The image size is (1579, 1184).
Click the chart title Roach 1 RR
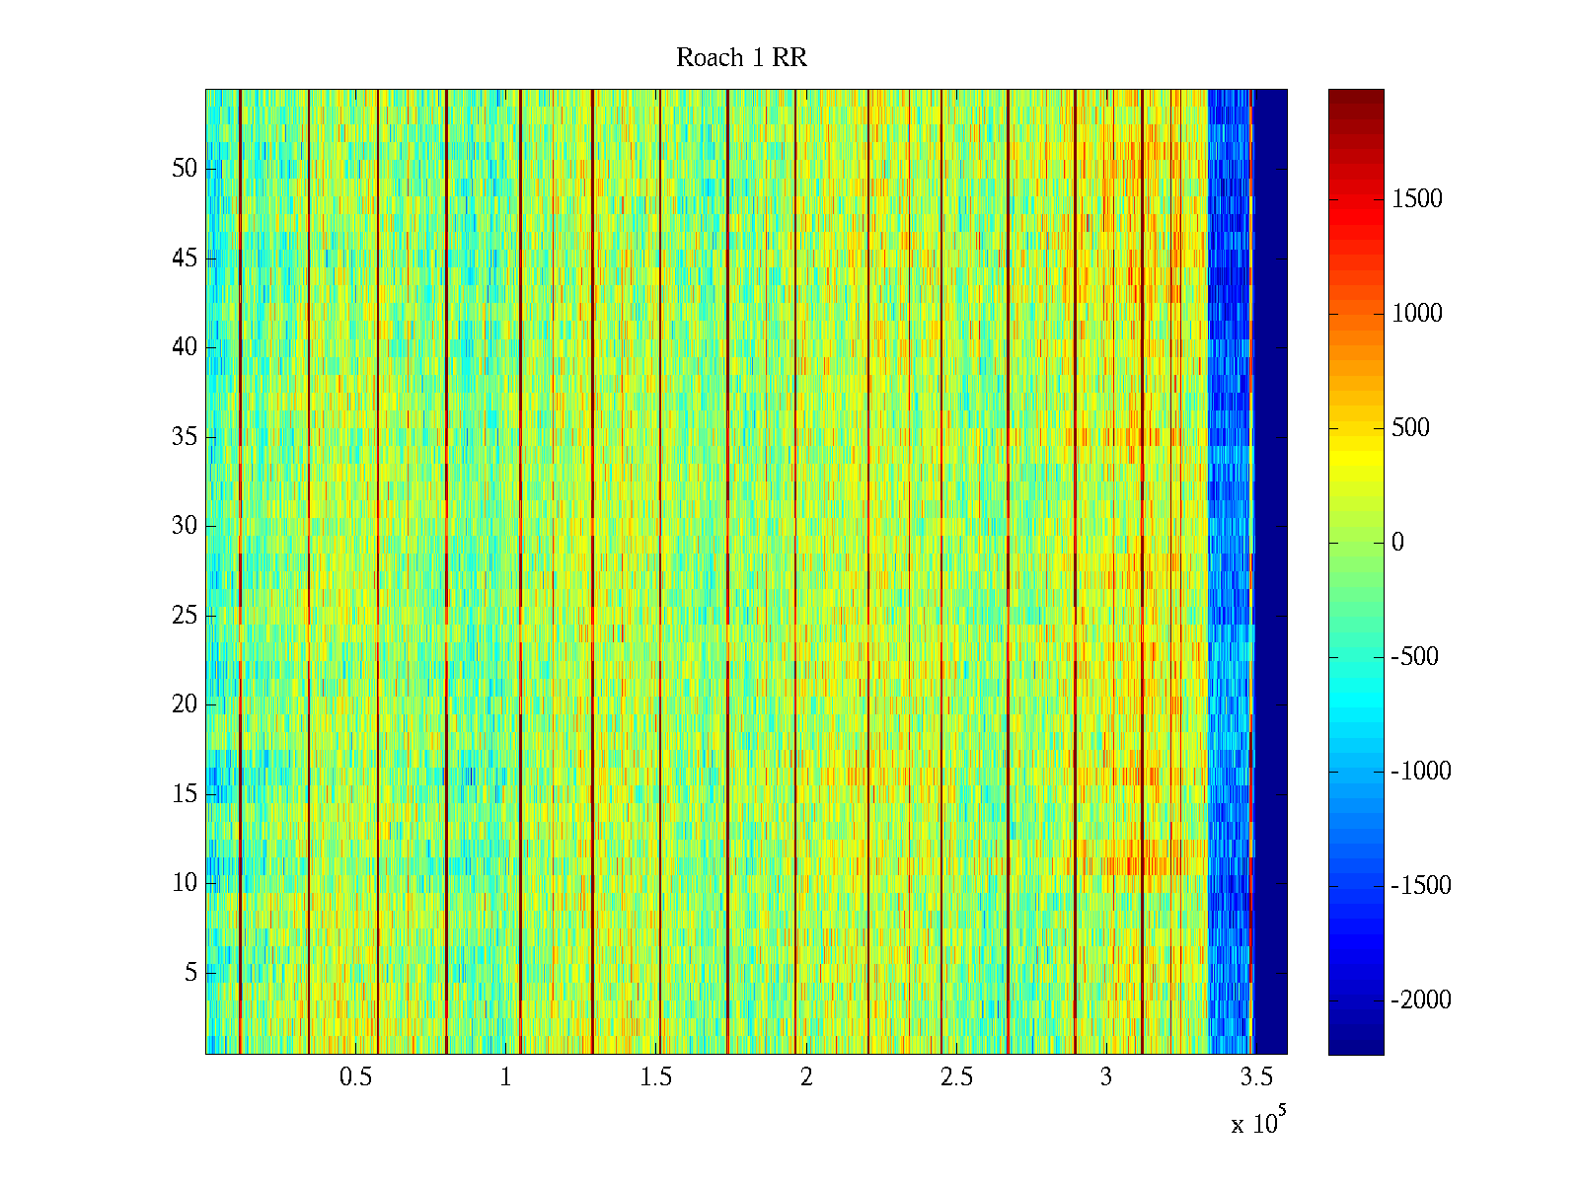coord(741,58)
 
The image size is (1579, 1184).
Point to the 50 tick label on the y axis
coord(185,169)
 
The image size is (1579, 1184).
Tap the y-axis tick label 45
coord(185,259)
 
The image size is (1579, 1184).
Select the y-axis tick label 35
coord(185,437)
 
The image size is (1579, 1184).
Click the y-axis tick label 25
coord(185,616)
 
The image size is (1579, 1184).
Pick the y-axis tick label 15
coord(185,794)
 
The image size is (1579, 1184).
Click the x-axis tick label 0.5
coord(355,1077)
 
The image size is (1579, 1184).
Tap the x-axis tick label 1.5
coord(655,1077)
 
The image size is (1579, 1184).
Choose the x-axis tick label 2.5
coord(955,1077)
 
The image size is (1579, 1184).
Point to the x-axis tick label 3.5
coord(1255,1077)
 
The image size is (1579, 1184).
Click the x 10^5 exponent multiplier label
coord(1257,1123)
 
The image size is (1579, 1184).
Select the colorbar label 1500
coord(1417,199)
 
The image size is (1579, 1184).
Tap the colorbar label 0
coord(1397,543)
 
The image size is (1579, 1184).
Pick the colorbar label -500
coord(1415,657)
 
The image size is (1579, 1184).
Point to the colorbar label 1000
coord(1417,314)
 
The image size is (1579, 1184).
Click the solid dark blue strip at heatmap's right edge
coord(1270,572)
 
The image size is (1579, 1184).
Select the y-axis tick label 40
coord(185,347)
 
